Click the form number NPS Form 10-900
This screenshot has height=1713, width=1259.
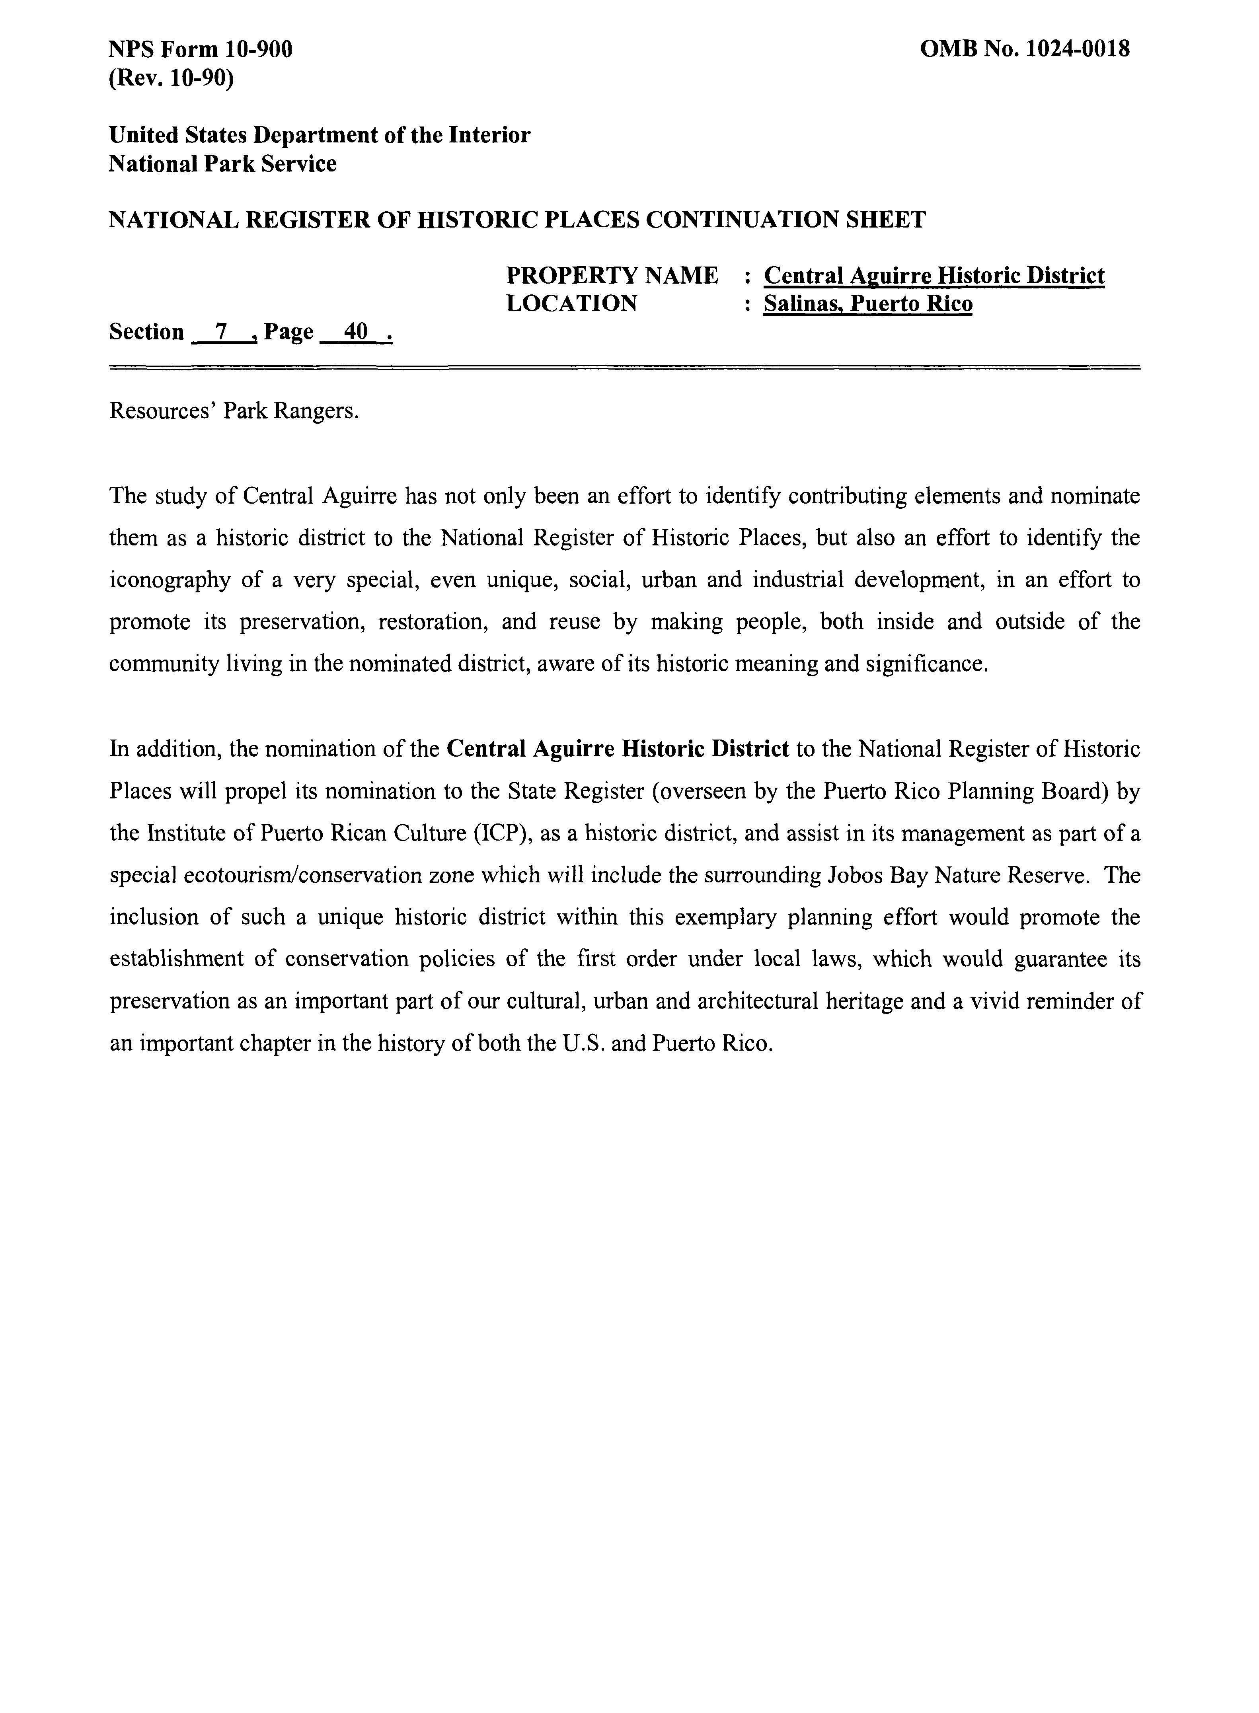[x=201, y=50]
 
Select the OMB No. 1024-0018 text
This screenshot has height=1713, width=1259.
[x=1025, y=50]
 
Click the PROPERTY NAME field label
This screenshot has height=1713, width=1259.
[x=612, y=275]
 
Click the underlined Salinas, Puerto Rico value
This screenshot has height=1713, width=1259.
[x=868, y=304]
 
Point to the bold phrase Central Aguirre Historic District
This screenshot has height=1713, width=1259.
[x=617, y=749]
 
